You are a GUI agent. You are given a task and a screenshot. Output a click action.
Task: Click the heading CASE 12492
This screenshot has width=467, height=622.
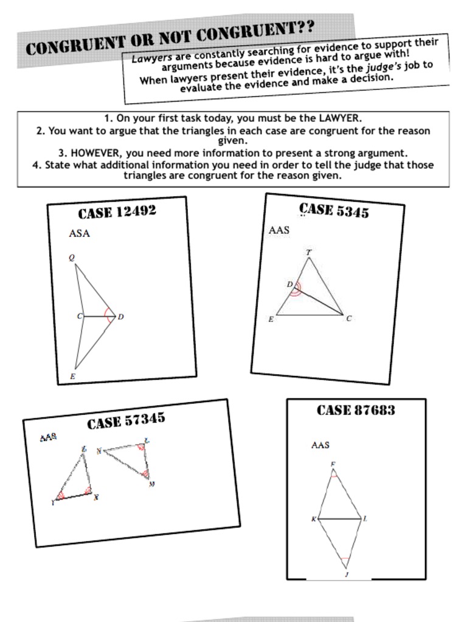coord(117,212)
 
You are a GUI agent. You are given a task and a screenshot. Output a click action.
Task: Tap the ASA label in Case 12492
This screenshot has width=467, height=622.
coord(79,233)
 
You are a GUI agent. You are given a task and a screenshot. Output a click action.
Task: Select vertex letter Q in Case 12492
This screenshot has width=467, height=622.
coord(72,258)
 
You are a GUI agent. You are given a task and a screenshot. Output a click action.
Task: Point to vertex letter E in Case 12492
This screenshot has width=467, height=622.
coord(72,377)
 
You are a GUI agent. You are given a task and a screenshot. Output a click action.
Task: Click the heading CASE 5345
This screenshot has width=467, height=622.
coord(334,210)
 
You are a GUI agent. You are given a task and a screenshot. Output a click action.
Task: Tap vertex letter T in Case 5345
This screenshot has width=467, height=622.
coord(308,252)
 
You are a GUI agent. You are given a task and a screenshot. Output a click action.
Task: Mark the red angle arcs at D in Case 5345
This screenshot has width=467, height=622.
coord(295,289)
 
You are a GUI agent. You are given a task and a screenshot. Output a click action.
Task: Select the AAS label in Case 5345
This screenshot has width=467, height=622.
coord(279,230)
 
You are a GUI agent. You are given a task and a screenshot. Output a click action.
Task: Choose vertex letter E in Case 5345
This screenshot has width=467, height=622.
coord(271,319)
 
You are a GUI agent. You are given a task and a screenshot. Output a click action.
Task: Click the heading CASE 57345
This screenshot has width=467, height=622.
coord(126,421)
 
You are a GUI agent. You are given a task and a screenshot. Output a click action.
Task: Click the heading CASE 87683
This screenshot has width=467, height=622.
coord(356,410)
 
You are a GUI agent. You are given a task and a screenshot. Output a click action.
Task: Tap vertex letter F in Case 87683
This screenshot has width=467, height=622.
coord(333,465)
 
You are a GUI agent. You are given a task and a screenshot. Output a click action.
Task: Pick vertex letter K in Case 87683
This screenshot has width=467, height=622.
coord(314,519)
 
